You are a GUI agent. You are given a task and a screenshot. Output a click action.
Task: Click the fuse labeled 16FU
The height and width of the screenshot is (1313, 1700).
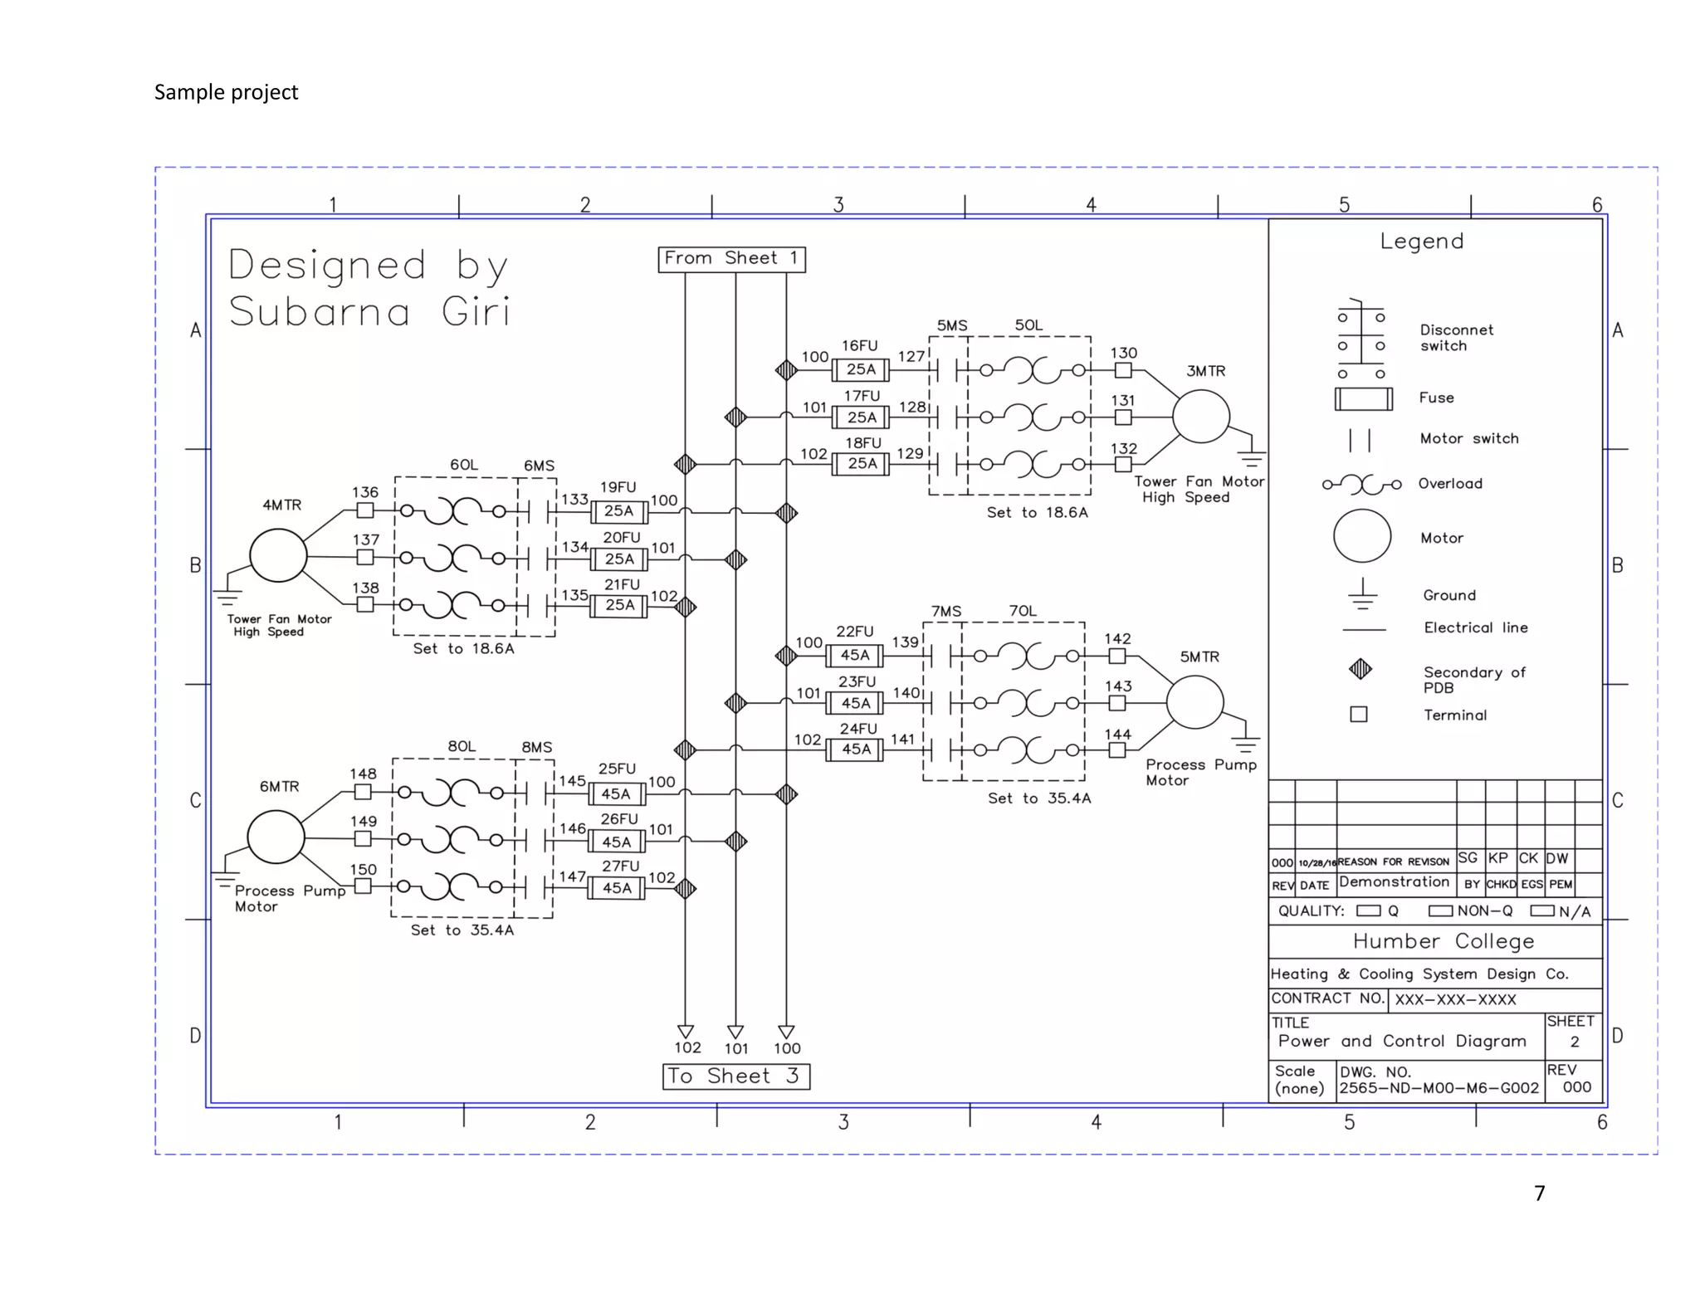tap(861, 369)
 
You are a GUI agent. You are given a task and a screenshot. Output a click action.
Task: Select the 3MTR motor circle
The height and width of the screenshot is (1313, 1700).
tap(1200, 417)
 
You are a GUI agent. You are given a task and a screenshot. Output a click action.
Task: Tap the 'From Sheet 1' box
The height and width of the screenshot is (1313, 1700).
tap(731, 259)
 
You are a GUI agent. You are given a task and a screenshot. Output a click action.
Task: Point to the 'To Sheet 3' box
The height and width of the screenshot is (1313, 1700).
tap(736, 1076)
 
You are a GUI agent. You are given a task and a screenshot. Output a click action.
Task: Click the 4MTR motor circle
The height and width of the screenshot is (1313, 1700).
tap(278, 555)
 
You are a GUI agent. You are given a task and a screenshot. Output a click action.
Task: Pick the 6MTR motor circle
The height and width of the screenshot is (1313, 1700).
tap(276, 837)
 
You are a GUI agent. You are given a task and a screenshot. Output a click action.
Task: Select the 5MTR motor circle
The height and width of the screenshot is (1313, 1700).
tap(1194, 702)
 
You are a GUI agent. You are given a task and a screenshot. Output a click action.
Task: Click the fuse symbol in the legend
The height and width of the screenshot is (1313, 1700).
tap(1363, 399)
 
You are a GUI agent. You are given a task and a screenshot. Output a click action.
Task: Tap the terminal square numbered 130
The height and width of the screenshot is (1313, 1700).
tap(1123, 370)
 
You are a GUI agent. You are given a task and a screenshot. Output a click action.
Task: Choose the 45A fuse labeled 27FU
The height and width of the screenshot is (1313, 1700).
tap(617, 889)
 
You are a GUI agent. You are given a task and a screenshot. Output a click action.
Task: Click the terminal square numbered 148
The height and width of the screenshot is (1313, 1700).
tap(363, 792)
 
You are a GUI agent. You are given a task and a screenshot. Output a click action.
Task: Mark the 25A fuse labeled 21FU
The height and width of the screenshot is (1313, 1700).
tap(619, 606)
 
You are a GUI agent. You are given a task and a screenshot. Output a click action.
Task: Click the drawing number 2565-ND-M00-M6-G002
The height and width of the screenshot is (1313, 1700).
tap(1439, 1088)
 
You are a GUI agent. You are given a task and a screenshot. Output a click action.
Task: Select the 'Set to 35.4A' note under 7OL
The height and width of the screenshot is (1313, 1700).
tap(1039, 798)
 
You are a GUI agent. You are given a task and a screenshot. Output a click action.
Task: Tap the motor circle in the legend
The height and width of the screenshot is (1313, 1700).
tap(1361, 536)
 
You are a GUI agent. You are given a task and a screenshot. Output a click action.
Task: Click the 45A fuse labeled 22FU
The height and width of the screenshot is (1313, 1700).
tap(855, 656)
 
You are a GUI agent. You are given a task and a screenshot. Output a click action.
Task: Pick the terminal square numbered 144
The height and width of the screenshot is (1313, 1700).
tap(1117, 750)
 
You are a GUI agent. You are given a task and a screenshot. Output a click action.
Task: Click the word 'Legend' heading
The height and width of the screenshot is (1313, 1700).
tap(1421, 242)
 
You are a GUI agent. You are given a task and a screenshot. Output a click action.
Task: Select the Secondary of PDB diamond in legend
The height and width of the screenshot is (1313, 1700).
tap(1360, 669)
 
